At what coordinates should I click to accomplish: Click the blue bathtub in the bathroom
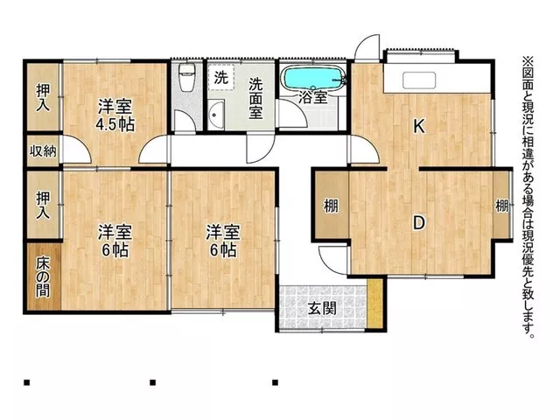313,78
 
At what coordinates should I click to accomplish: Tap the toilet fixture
186,77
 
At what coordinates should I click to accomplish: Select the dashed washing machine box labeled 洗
221,77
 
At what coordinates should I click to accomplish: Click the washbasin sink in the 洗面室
216,115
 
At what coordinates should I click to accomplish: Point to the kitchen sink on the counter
419,80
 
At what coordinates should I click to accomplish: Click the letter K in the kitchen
419,126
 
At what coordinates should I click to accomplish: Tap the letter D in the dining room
418,223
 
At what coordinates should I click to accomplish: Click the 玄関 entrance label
323,309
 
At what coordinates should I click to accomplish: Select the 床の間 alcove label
43,277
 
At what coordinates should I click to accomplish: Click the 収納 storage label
43,151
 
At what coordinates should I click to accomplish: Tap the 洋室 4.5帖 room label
115,115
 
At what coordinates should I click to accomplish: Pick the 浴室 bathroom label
313,97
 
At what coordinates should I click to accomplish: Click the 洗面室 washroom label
256,98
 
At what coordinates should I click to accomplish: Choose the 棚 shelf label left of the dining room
331,206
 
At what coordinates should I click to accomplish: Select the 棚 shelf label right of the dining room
501,206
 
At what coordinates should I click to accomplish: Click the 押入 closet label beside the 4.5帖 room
43,97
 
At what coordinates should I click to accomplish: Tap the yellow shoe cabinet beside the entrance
375,304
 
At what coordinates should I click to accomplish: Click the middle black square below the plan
153,382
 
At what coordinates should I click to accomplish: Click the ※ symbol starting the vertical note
528,62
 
